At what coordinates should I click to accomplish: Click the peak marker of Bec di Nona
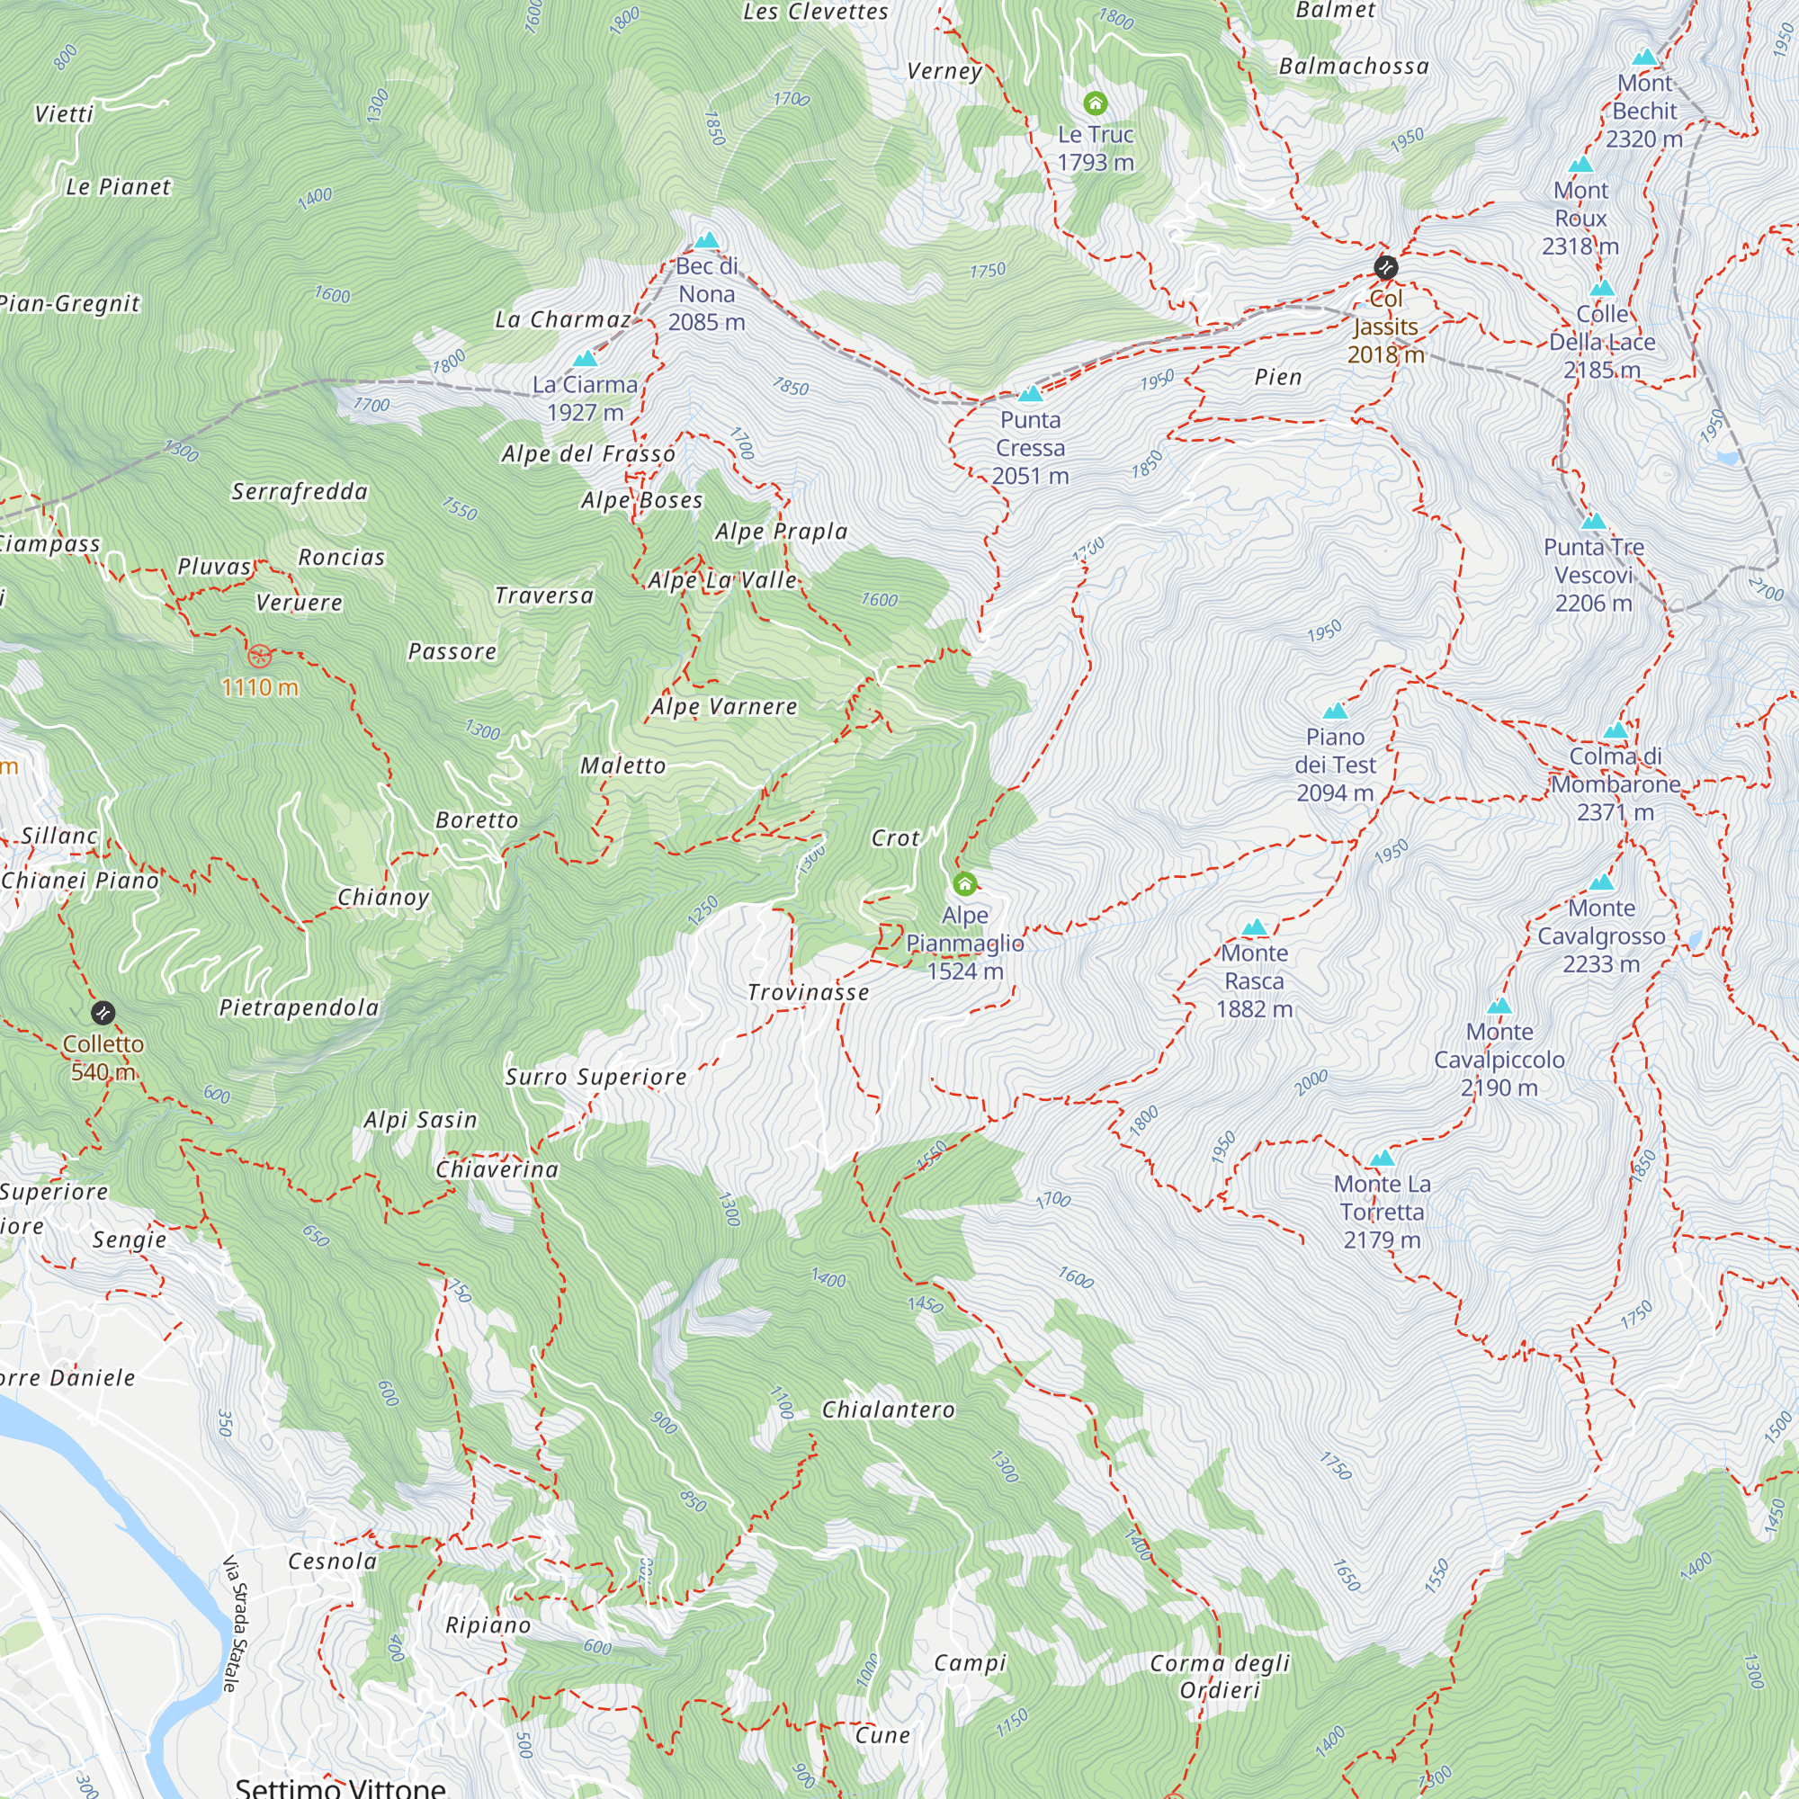[707, 241]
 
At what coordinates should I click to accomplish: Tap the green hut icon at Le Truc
[1095, 103]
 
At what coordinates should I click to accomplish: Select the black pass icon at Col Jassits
[1385, 268]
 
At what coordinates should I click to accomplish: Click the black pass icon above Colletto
[103, 1012]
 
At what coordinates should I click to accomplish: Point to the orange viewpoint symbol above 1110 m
[259, 656]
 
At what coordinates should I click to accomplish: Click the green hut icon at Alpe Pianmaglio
[964, 882]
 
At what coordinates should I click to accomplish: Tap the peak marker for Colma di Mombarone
[1616, 731]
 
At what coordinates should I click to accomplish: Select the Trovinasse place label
[809, 993]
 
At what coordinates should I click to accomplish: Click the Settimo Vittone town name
[340, 1786]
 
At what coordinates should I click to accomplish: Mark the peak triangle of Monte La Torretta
[1382, 1159]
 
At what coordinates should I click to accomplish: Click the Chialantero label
[889, 1410]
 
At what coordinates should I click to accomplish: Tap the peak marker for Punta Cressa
[1030, 395]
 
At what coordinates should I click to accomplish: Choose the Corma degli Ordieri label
[1220, 1676]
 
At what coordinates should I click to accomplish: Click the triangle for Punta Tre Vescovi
[1593, 522]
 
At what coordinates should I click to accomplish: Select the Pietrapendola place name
[299, 1007]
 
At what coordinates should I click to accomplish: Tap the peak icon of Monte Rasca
[1254, 927]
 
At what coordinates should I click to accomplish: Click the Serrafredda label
[299, 491]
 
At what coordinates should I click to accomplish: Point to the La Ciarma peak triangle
[585, 360]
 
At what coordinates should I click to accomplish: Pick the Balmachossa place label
[1353, 66]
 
